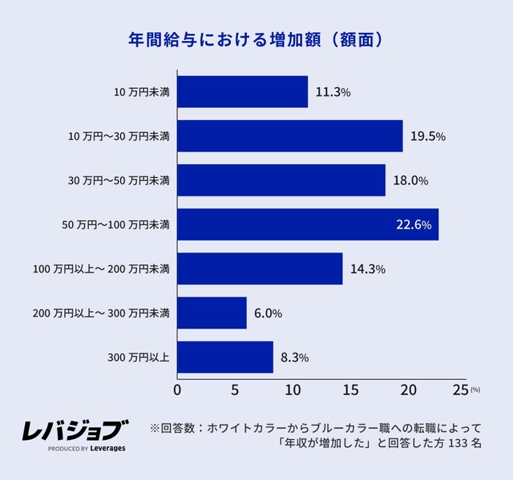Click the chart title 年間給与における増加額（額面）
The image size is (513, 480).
[x=256, y=38]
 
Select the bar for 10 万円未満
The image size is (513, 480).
[x=242, y=91]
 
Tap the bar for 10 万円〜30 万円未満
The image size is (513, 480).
[x=289, y=136]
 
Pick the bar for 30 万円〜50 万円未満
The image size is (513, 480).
[x=281, y=180]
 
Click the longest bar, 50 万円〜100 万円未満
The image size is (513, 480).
[x=307, y=224]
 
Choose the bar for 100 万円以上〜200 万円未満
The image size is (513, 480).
[x=260, y=268]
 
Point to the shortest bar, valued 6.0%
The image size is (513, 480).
[x=212, y=313]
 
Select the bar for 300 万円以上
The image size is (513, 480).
[x=225, y=357]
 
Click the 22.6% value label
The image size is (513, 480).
[x=414, y=225]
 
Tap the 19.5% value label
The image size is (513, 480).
[x=428, y=136]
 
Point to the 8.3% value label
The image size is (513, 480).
[x=294, y=357]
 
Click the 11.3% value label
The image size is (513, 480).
[x=333, y=92]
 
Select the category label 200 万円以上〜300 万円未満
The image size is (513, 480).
[x=101, y=313]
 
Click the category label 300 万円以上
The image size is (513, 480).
[x=138, y=357]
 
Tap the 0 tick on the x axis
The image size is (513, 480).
[x=177, y=391]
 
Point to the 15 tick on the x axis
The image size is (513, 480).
[x=349, y=391]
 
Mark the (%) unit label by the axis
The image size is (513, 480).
[x=475, y=389]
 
